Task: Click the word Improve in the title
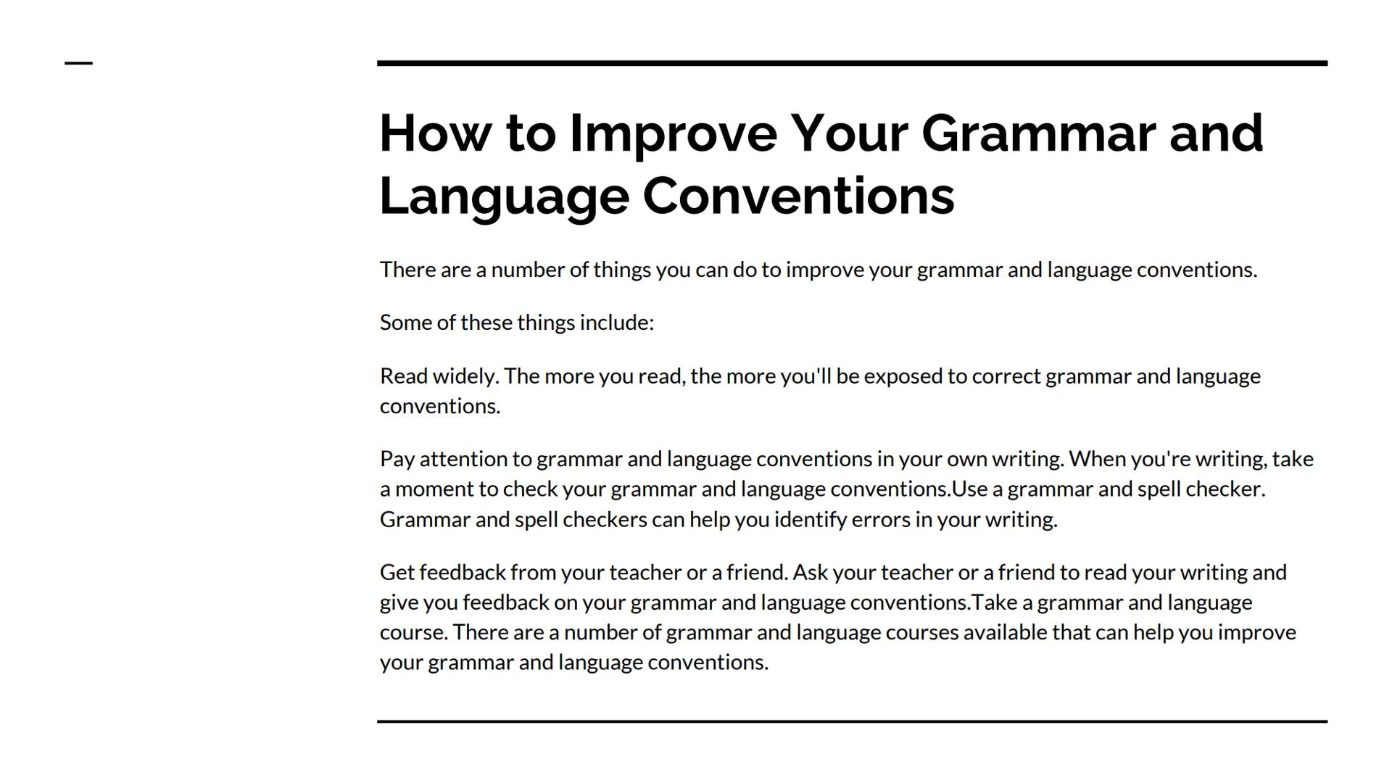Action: [x=673, y=134]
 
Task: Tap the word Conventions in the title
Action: [x=798, y=196]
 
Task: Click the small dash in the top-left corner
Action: [x=78, y=63]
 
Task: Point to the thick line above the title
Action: [x=852, y=64]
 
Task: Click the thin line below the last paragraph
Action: [x=852, y=721]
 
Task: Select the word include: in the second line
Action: [x=616, y=323]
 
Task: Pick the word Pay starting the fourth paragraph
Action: [x=397, y=460]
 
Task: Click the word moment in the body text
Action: [x=434, y=489]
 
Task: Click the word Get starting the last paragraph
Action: [x=397, y=573]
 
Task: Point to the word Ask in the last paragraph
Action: [x=810, y=573]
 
